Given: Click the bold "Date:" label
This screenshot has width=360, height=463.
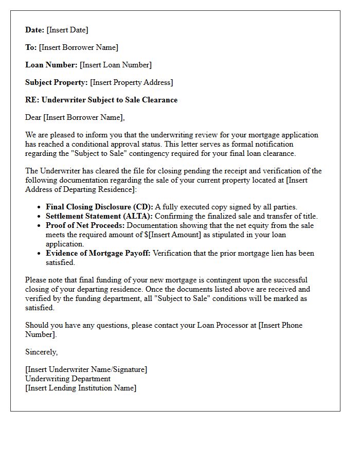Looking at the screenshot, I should click(35, 30).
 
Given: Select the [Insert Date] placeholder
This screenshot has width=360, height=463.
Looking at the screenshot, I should click(67, 30).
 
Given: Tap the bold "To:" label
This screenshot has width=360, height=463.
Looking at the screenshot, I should click(31, 47).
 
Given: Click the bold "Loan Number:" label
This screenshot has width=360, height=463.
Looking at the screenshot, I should click(51, 65).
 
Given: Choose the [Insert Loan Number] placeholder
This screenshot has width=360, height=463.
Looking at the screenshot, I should click(116, 65).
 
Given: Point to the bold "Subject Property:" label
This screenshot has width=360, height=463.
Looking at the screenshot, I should click(57, 82).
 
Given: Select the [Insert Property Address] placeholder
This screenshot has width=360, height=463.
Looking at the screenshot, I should click(132, 82).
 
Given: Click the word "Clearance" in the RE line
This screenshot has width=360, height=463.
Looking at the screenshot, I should click(159, 100).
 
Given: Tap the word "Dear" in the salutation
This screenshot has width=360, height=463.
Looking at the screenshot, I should click(33, 117).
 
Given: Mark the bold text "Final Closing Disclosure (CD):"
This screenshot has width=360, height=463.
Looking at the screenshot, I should click(99, 207).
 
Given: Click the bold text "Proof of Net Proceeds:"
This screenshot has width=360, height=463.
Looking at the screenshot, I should click(85, 225).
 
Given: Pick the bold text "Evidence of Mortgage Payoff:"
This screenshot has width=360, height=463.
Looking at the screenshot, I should click(98, 253).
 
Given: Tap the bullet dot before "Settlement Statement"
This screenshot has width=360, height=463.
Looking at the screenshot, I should click(40, 217).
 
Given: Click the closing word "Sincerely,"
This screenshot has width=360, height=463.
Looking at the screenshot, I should click(42, 352).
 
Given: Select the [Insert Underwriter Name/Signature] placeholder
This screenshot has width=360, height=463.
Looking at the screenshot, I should click(86, 369).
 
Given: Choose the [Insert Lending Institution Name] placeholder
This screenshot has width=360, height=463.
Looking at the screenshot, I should click(81, 388).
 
